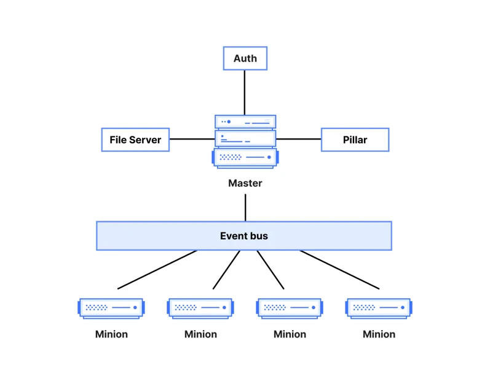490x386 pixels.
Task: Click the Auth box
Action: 245,58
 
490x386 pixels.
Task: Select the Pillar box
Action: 355,140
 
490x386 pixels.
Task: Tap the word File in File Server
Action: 118,140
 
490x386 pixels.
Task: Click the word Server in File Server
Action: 145,140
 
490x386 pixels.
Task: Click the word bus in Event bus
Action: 258,236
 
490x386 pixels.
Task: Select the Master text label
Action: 245,183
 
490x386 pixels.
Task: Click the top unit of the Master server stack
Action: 245,122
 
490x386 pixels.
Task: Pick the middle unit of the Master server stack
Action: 245,139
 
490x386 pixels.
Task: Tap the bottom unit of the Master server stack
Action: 245,158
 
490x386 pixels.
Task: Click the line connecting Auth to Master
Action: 244,92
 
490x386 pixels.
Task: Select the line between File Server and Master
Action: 192,139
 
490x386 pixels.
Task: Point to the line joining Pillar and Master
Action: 298,139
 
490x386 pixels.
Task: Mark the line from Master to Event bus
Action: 245,208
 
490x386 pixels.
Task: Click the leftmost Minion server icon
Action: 111,308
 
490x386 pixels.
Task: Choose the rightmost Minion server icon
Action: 379,308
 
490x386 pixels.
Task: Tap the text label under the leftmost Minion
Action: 111,334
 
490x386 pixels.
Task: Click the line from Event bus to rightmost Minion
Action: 339,269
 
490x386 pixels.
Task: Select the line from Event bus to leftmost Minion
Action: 157,269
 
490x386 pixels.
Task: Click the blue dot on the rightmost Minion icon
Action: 403,307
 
